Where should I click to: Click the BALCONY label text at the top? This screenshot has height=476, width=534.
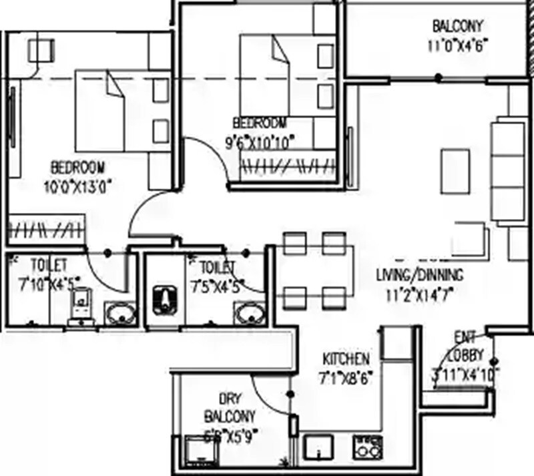457,27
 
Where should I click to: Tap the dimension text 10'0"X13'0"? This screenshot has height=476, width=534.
79,185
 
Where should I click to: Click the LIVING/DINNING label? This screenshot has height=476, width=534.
419,274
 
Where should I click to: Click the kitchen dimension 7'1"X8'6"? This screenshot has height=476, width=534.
346,377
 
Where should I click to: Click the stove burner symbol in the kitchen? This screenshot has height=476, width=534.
365,446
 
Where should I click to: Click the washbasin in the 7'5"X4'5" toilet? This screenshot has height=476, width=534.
250,314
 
